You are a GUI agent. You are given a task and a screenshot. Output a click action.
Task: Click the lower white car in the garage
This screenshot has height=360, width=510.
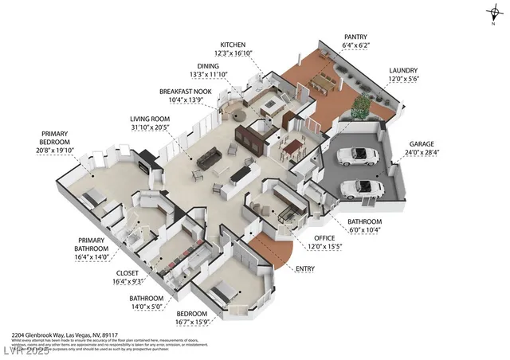(x=360, y=188)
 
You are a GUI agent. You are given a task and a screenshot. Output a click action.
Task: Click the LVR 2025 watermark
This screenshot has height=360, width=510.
(x=25, y=350)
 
